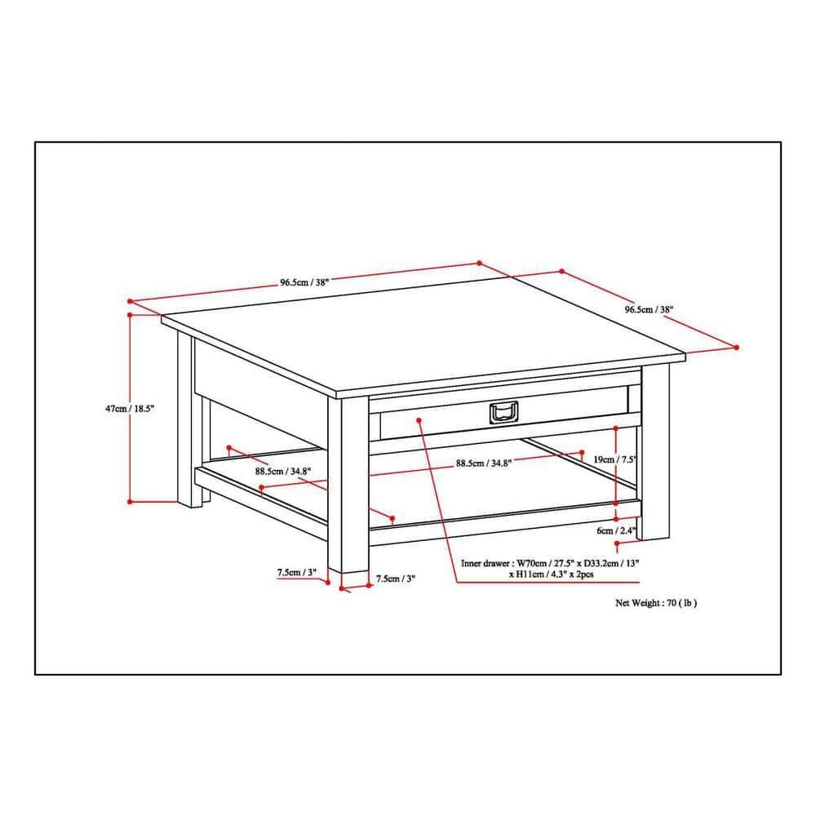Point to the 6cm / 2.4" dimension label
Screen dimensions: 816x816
[615, 530]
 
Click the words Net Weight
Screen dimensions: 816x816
[639, 604]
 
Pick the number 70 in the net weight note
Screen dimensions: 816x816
[672, 604]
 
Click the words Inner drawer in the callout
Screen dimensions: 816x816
[487, 563]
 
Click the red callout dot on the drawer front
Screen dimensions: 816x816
[419, 420]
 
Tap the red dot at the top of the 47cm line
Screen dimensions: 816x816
[131, 313]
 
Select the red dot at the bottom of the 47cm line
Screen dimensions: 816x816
[131, 501]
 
